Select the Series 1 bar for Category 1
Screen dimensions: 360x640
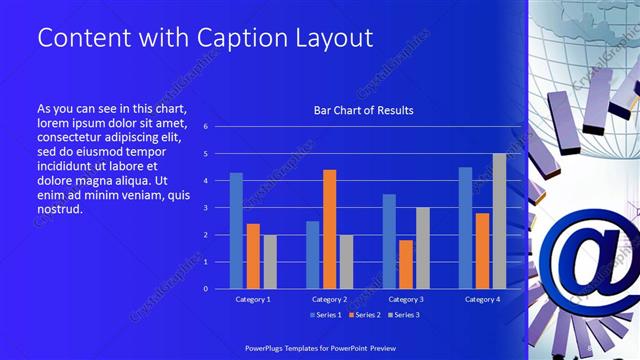point(236,231)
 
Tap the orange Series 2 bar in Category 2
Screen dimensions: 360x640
point(330,229)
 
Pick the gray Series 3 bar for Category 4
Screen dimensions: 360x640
point(499,221)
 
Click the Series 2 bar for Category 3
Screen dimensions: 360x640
point(406,264)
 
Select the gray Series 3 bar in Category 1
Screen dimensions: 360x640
point(270,261)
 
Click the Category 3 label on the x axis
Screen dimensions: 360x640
point(406,299)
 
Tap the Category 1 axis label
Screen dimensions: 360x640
point(253,299)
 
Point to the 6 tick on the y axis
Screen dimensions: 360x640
point(205,127)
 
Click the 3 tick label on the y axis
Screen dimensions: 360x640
point(205,208)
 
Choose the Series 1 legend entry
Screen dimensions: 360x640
point(327,315)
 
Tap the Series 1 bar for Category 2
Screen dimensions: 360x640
point(313,255)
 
